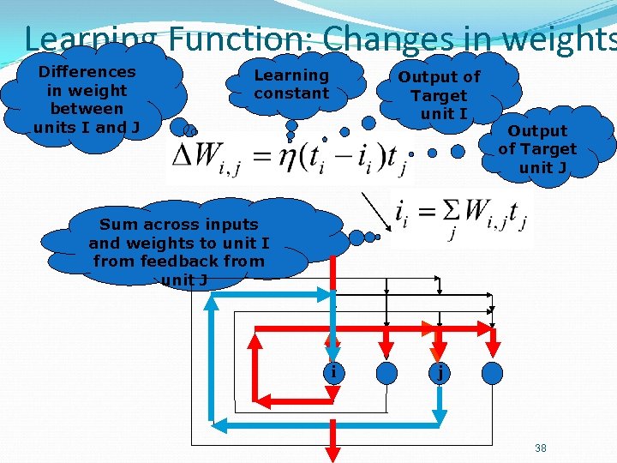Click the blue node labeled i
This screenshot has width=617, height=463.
(334, 372)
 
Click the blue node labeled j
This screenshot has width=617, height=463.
(440, 372)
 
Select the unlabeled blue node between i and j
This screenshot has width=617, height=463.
(387, 372)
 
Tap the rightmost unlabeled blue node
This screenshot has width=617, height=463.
(493, 372)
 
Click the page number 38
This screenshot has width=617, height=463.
(541, 448)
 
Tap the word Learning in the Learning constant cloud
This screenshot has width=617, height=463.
(291, 75)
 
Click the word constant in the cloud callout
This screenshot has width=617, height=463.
(291, 93)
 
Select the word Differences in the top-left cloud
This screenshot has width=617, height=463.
(87, 72)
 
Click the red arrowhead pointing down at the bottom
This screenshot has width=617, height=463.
(334, 451)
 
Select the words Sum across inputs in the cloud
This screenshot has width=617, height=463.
(178, 225)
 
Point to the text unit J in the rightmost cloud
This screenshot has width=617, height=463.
(542, 167)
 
